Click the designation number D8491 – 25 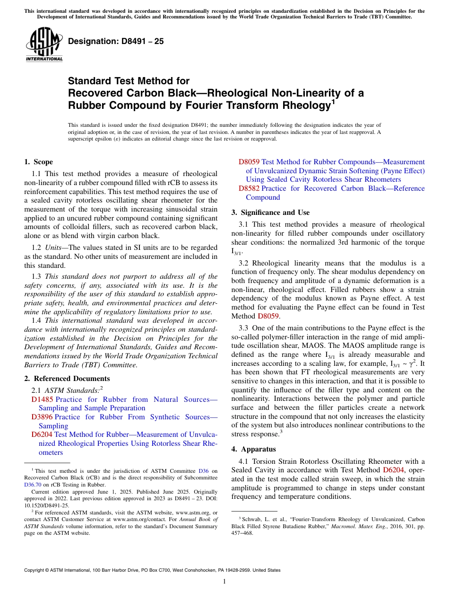pyautogui.click(x=116, y=41)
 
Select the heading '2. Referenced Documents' pyautogui.click(x=67, y=379)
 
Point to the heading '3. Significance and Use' pyautogui.click(x=270, y=212)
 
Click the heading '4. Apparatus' pyautogui.click(x=253, y=449)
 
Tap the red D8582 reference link pyautogui.click(x=249, y=188)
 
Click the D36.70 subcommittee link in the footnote pyautogui.click(x=33, y=485)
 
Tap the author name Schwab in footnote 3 pyautogui.click(x=250, y=519)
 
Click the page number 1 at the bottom pyautogui.click(x=224, y=582)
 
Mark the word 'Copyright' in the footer pyautogui.click(x=35, y=570)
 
